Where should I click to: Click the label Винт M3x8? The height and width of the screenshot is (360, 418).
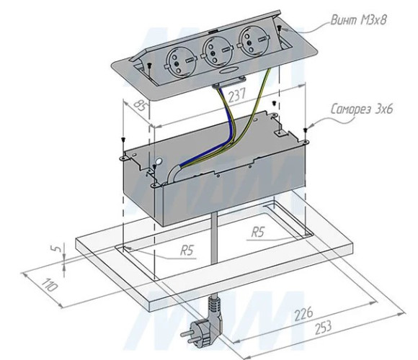pos(359,20)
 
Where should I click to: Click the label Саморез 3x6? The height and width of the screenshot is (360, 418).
pos(362,109)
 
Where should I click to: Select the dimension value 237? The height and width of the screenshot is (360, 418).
pos(236,95)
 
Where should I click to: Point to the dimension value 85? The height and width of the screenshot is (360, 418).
pos(140,106)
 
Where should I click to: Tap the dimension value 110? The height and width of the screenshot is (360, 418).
pos(49,285)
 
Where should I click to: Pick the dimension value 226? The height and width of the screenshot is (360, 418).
pos(303,313)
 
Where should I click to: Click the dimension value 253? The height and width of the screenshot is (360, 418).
pos(324,328)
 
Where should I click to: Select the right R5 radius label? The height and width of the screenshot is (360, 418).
pos(258,232)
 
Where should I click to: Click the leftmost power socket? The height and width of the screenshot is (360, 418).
pos(179,63)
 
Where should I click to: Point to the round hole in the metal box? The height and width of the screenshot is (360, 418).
pos(159,161)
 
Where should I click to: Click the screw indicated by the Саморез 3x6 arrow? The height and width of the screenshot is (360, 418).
pos(306,130)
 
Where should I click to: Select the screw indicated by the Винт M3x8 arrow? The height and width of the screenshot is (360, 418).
pos(280,27)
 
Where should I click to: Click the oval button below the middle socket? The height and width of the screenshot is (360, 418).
pos(228,71)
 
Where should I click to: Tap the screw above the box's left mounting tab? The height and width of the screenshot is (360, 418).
pos(123,140)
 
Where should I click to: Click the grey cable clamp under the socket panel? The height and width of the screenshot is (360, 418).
pos(228,82)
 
